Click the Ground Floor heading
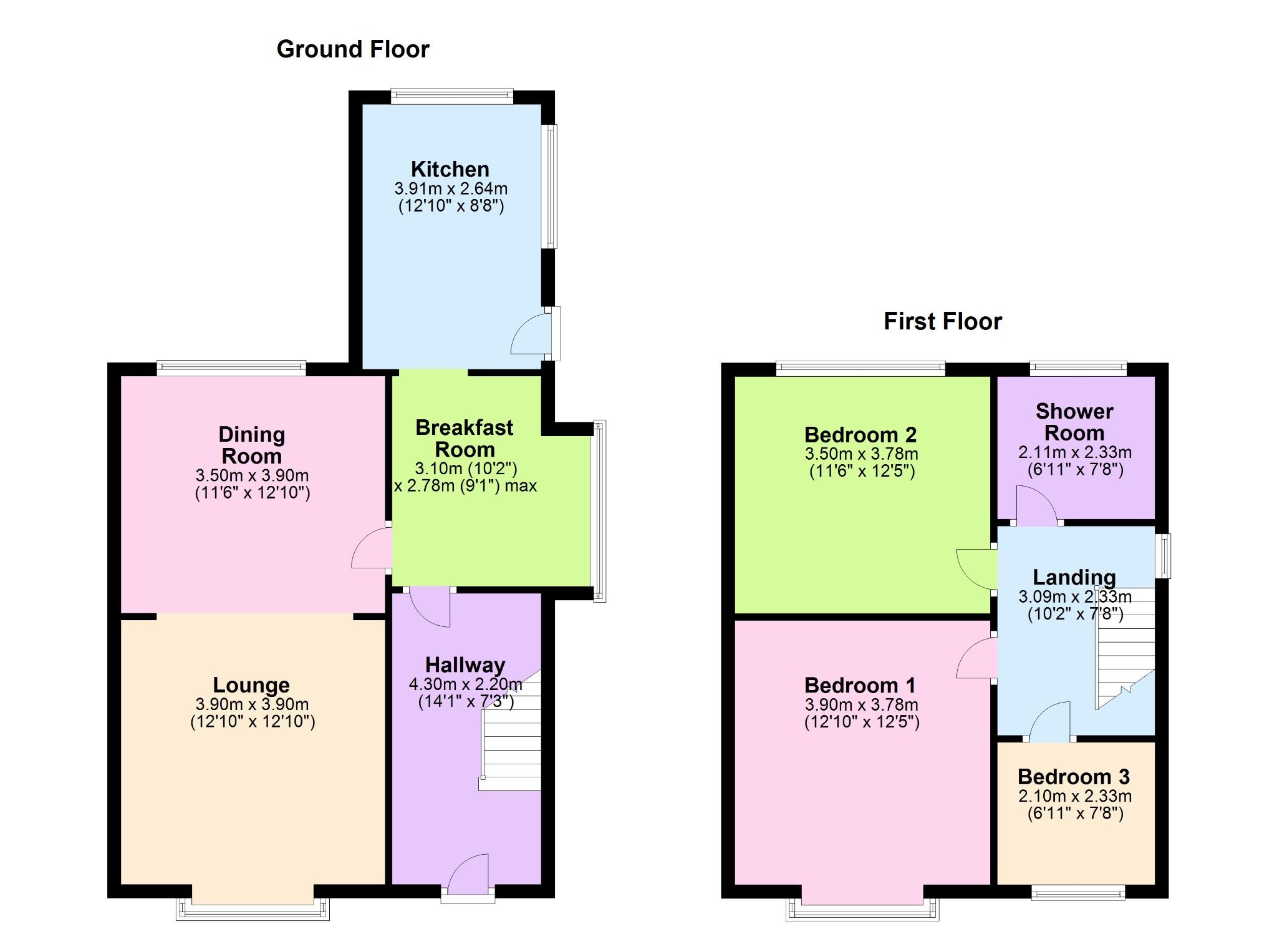tap(353, 49)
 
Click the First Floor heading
tap(943, 321)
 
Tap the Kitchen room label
tap(450, 169)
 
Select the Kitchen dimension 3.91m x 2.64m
tap(451, 188)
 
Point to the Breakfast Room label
tap(465, 439)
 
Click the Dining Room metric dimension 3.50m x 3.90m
tap(252, 475)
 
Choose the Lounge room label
tap(251, 685)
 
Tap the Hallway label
tap(465, 665)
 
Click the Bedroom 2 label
tap(860, 435)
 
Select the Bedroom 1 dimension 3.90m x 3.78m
tap(862, 705)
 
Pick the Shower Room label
tap(1074, 422)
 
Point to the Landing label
tap(1074, 577)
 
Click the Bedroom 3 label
tap(1074, 777)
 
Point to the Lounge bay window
tap(253, 910)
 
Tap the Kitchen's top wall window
tap(452, 96)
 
